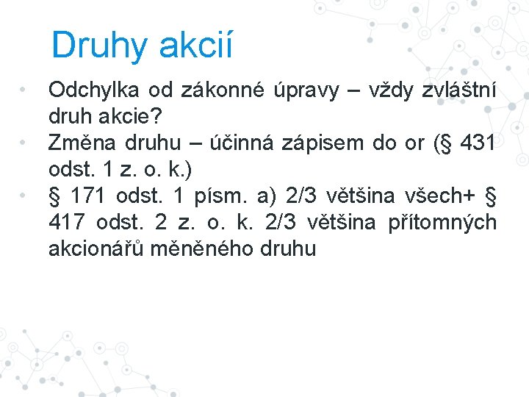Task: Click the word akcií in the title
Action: pyautogui.click(x=194, y=46)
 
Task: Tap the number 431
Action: pyautogui.click(x=478, y=143)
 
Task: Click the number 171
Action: pyautogui.click(x=89, y=196)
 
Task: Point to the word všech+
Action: pyautogui.click(x=442, y=196)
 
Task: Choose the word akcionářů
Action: pyautogui.click(x=93, y=248)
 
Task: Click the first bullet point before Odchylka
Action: pyautogui.click(x=24, y=90)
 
